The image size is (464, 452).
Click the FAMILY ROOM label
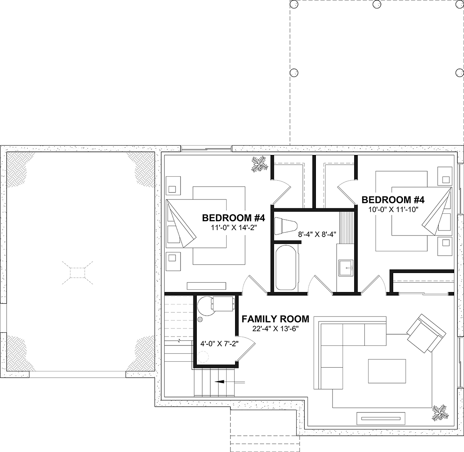pyautogui.click(x=275, y=319)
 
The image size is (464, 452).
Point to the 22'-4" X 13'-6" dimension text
pyautogui.click(x=276, y=329)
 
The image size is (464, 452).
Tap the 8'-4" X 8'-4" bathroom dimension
pyautogui.click(x=317, y=234)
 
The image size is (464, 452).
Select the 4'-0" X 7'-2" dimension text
pyautogui.click(x=219, y=344)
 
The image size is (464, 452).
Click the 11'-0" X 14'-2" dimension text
pyautogui.click(x=234, y=228)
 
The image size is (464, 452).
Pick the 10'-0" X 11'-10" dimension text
pyautogui.click(x=393, y=210)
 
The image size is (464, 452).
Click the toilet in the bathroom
pyautogui.click(x=286, y=226)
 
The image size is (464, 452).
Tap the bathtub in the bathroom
pyautogui.click(x=286, y=268)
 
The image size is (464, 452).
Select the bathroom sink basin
pyautogui.click(x=346, y=268)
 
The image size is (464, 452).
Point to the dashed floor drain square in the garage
pyautogui.click(x=77, y=273)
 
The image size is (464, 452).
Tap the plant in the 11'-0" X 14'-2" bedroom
pyautogui.click(x=259, y=164)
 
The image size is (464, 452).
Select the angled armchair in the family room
pyautogui.click(x=426, y=333)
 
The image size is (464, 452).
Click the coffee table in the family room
pyautogui.click(x=387, y=371)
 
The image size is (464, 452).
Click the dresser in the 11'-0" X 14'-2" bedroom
pyautogui.click(x=206, y=286)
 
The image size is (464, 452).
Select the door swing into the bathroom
pyautogui.click(x=321, y=284)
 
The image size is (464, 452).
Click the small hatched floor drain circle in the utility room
pyautogui.click(x=200, y=319)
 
